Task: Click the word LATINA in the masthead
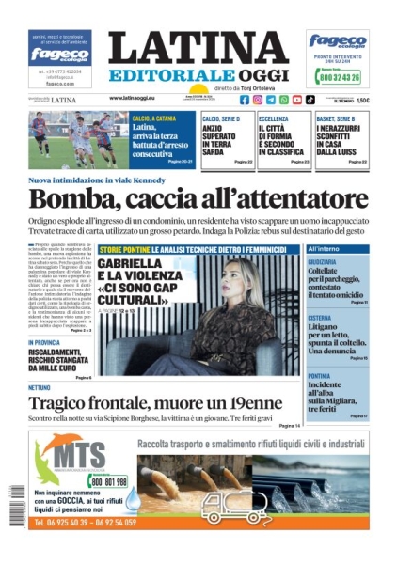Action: [198, 49]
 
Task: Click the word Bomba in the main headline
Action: [61, 198]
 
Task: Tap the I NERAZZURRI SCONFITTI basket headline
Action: [340, 136]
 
